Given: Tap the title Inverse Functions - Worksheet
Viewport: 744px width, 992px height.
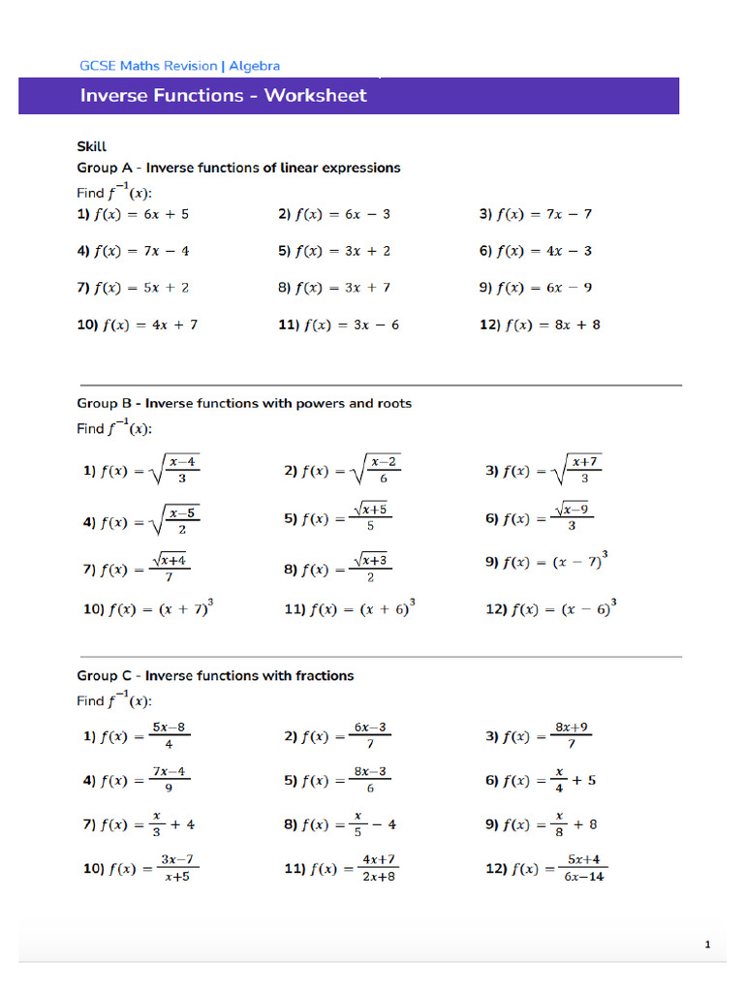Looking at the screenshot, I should coord(223,95).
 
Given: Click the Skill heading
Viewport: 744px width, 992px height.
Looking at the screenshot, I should coord(91,147).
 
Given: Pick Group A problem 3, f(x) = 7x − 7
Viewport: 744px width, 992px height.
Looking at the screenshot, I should coord(536,214).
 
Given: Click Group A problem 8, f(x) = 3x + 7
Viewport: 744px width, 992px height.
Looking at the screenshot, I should coord(334,288).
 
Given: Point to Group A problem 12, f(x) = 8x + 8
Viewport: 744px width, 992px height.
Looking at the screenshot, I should coord(540,325).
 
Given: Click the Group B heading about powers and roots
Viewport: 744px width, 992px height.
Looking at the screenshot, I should coord(244,403).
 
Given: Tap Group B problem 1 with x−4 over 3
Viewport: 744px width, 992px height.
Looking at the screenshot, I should coord(142,472).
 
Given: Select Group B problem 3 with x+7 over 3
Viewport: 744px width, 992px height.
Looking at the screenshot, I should coord(543,472).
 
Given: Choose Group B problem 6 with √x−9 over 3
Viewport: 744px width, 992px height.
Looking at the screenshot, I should coord(537,518).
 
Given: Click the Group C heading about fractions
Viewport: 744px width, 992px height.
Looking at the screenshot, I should coord(215,675).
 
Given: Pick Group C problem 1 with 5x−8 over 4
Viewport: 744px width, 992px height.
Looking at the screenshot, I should coord(137,736).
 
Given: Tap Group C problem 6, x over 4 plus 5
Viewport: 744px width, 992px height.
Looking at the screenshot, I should coord(541,781).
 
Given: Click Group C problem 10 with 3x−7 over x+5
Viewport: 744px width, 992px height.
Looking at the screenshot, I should coord(141,869).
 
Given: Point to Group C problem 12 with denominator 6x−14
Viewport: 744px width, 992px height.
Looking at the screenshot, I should coord(546,869).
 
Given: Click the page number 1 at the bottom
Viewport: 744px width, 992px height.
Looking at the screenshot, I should coord(708,945).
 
